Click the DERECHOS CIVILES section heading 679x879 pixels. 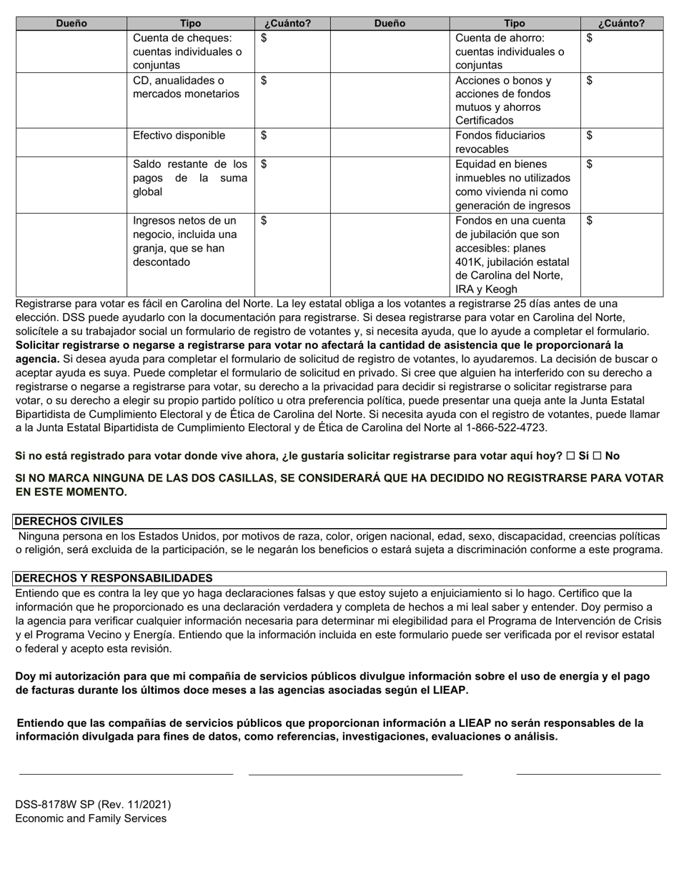click(x=69, y=522)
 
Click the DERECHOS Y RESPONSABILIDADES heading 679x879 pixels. click(x=113, y=578)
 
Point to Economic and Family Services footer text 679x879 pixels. click(x=91, y=818)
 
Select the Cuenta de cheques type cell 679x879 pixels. click(x=190, y=51)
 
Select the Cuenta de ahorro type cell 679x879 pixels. click(x=515, y=51)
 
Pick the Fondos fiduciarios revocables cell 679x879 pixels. click(x=515, y=142)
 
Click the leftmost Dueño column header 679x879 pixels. click(x=71, y=24)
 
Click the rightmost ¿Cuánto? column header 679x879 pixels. click(x=622, y=24)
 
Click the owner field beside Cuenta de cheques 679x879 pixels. click(x=71, y=51)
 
